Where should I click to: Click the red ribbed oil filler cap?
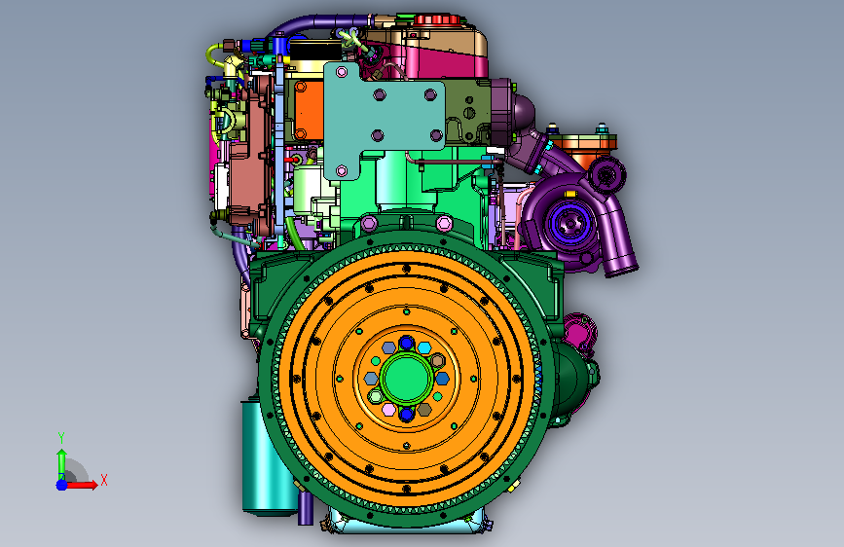click(436, 19)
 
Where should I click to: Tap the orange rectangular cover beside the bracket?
click(309, 109)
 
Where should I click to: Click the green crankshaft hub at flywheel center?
click(406, 378)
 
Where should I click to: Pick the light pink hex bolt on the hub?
click(388, 410)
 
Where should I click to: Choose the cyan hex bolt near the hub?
click(424, 347)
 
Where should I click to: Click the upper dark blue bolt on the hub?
click(406, 343)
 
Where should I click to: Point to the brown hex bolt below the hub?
click(424, 410)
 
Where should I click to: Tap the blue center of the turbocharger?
click(569, 222)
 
